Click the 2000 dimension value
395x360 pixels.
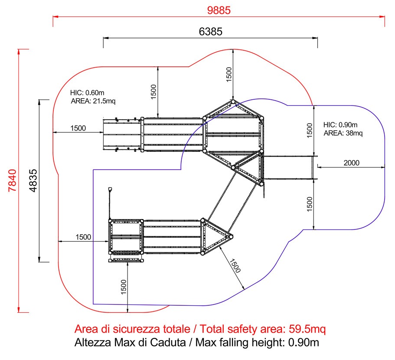(351, 163)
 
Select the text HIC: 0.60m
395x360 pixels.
(87, 93)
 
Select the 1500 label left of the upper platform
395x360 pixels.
(78, 128)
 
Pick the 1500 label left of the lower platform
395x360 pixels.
(83, 237)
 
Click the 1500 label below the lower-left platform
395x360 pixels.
(124, 287)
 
